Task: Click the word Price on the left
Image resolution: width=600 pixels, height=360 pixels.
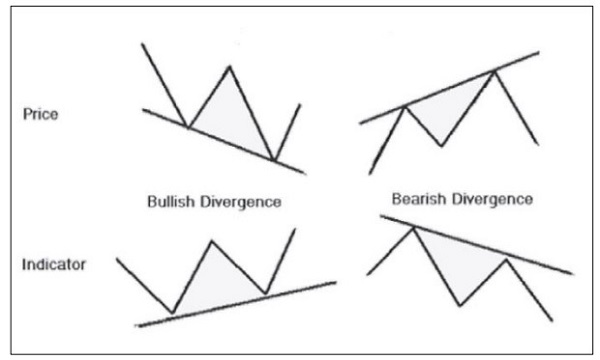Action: point(39,114)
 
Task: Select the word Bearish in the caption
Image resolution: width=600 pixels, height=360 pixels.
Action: point(418,199)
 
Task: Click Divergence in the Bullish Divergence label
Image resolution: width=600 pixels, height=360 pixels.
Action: point(244,202)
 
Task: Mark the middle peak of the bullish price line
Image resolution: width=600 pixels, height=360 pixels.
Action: point(229,67)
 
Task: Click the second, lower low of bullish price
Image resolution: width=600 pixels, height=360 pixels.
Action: point(272,158)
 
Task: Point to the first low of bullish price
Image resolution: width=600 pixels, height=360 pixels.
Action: point(187,127)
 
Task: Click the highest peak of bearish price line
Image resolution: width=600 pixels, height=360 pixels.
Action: point(494,70)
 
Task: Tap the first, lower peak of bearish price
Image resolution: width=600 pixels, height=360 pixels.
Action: point(404,106)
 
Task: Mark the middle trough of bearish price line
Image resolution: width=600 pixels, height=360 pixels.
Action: point(442,146)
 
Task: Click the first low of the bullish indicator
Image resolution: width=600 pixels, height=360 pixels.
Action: point(174,313)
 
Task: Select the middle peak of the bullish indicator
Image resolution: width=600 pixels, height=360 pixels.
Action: point(210,241)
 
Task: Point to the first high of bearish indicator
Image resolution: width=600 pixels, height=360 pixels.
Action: point(413,228)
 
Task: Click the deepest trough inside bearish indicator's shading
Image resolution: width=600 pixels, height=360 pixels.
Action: point(459,305)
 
